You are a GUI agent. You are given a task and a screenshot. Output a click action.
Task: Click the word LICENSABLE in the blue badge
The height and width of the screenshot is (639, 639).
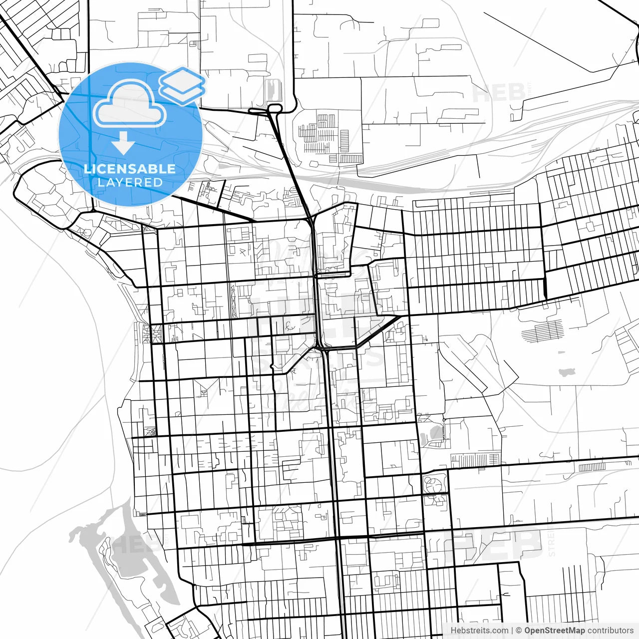point(130,169)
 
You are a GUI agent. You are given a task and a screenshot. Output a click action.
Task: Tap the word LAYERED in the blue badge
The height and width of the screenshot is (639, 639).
point(130,182)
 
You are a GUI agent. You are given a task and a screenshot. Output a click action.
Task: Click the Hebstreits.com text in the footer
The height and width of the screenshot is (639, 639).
point(479,631)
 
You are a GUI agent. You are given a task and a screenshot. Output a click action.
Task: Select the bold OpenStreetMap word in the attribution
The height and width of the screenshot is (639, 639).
point(555,631)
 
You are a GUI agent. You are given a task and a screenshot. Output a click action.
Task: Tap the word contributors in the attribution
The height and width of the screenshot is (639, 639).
point(610,631)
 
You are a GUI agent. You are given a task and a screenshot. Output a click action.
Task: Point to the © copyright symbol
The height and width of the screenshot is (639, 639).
point(519,631)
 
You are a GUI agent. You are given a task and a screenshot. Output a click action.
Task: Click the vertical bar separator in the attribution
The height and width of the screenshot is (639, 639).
point(513,631)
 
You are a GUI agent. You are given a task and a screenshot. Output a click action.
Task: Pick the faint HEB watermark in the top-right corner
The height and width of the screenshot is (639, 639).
point(498,93)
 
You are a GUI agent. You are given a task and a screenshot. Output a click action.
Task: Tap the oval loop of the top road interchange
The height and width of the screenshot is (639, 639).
point(274,108)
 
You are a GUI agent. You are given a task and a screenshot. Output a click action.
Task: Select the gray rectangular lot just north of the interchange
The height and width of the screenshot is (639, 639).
point(272,90)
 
